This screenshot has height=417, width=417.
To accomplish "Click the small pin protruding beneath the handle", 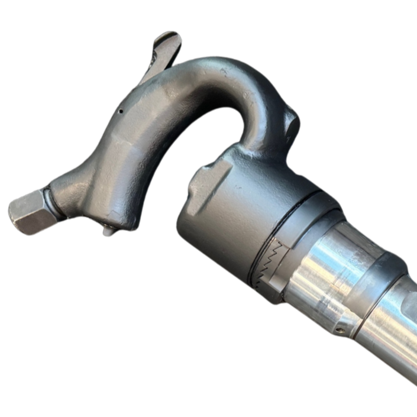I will point(109,231).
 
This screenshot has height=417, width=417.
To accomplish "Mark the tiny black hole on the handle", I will point(119,110).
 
